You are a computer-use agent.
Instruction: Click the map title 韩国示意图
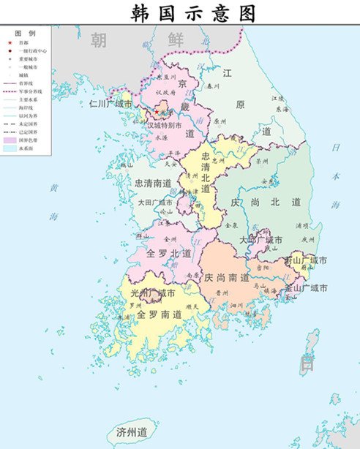tap(194, 12)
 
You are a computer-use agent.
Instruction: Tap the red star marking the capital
tap(157, 112)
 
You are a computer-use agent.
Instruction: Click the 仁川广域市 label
tap(110, 105)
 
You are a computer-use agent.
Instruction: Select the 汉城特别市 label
tap(168, 125)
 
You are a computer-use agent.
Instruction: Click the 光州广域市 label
tap(154, 293)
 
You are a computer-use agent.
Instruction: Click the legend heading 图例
tap(26, 34)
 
